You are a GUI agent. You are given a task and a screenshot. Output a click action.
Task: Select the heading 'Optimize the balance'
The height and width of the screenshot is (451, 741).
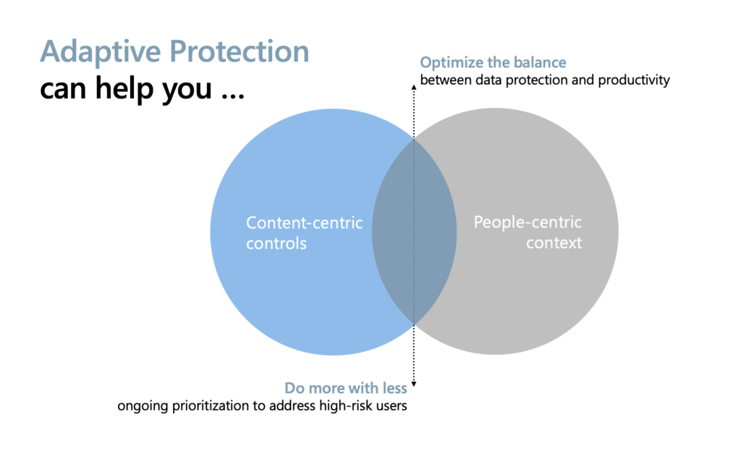(493, 62)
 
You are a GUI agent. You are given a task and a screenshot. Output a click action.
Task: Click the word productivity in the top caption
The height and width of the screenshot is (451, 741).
(634, 80)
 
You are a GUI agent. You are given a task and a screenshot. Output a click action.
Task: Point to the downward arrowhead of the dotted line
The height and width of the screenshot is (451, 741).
(414, 384)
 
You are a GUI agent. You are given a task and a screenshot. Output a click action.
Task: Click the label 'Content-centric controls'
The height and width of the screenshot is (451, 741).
(304, 232)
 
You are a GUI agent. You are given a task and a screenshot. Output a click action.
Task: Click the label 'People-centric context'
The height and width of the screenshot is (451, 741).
(528, 232)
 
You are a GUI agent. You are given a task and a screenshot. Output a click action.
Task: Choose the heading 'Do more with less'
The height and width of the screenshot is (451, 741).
(345, 389)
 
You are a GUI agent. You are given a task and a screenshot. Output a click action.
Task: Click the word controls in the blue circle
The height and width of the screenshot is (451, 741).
(276, 243)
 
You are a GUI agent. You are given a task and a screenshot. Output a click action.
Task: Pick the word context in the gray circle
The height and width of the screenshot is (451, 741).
(554, 243)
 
